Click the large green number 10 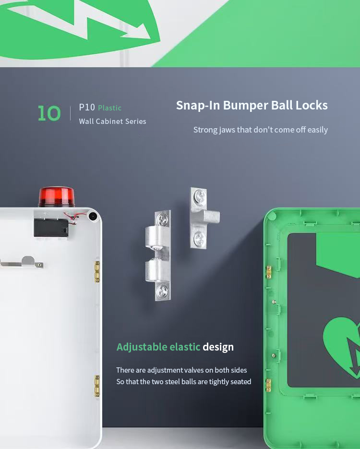click(49, 113)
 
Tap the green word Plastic click(109, 108)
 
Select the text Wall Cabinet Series click(112, 121)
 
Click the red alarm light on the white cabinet click(57, 196)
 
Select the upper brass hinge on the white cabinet click(97, 271)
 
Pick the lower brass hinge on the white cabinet click(97, 386)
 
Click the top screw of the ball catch click(163, 219)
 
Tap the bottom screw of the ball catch click(163, 290)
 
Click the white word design click(218, 347)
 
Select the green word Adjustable click(142, 347)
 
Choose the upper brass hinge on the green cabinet click(269, 272)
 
